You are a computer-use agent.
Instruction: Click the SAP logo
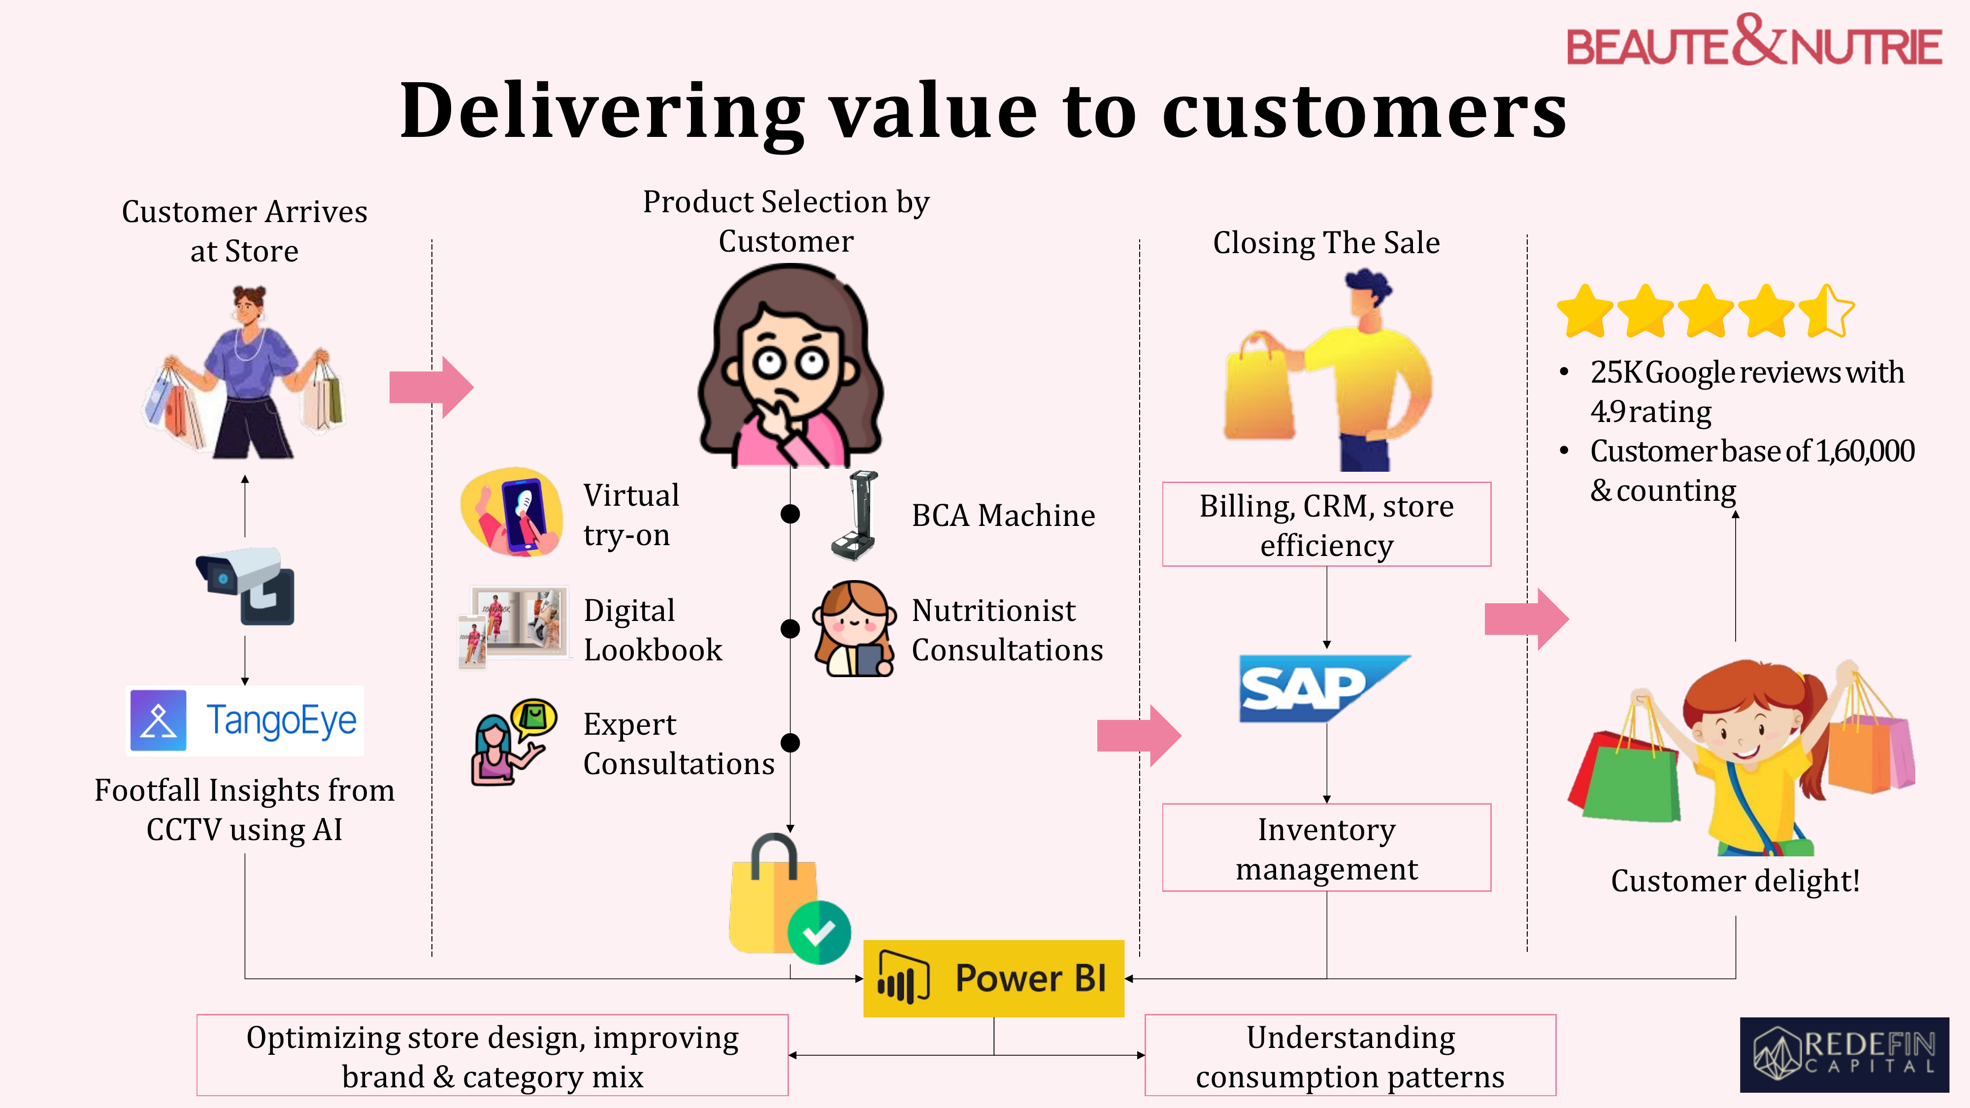[1324, 688]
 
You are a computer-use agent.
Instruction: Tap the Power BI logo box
[993, 978]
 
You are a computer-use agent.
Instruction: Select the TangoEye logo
[245, 720]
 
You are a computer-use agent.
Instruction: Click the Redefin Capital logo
[1844, 1054]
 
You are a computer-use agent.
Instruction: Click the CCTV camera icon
[245, 586]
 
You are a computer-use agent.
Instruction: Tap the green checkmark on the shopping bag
[819, 932]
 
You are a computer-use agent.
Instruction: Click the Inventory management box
[1326, 847]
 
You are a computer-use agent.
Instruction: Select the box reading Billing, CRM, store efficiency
[1326, 524]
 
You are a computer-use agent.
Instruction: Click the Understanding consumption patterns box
[1350, 1055]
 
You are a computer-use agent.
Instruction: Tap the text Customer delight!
[1735, 881]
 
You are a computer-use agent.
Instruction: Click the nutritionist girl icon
[854, 628]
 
